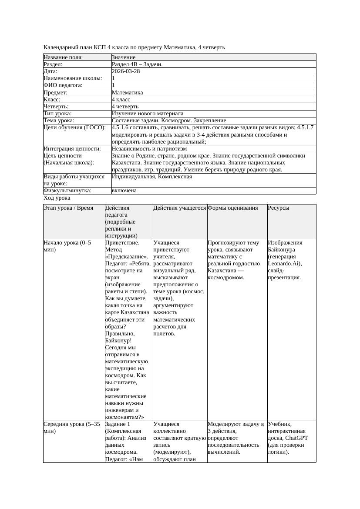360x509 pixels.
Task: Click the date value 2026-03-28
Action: click(x=126, y=71)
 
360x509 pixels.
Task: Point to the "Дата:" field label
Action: click(x=50, y=71)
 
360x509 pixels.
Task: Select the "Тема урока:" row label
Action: click(x=59, y=121)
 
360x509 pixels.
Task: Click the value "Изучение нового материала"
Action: click(x=148, y=114)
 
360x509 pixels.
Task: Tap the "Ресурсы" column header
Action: click(x=279, y=208)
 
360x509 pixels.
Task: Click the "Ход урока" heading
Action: click(x=57, y=198)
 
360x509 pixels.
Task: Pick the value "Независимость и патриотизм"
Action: click(x=149, y=149)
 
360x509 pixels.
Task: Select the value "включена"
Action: click(x=124, y=191)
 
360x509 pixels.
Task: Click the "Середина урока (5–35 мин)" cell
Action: click(x=71, y=427)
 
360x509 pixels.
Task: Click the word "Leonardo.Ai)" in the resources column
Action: click(x=284, y=264)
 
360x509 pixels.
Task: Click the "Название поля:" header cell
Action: click(x=63, y=57)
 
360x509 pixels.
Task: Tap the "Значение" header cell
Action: click(x=124, y=57)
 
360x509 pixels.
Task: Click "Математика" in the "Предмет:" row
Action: click(x=127, y=93)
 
